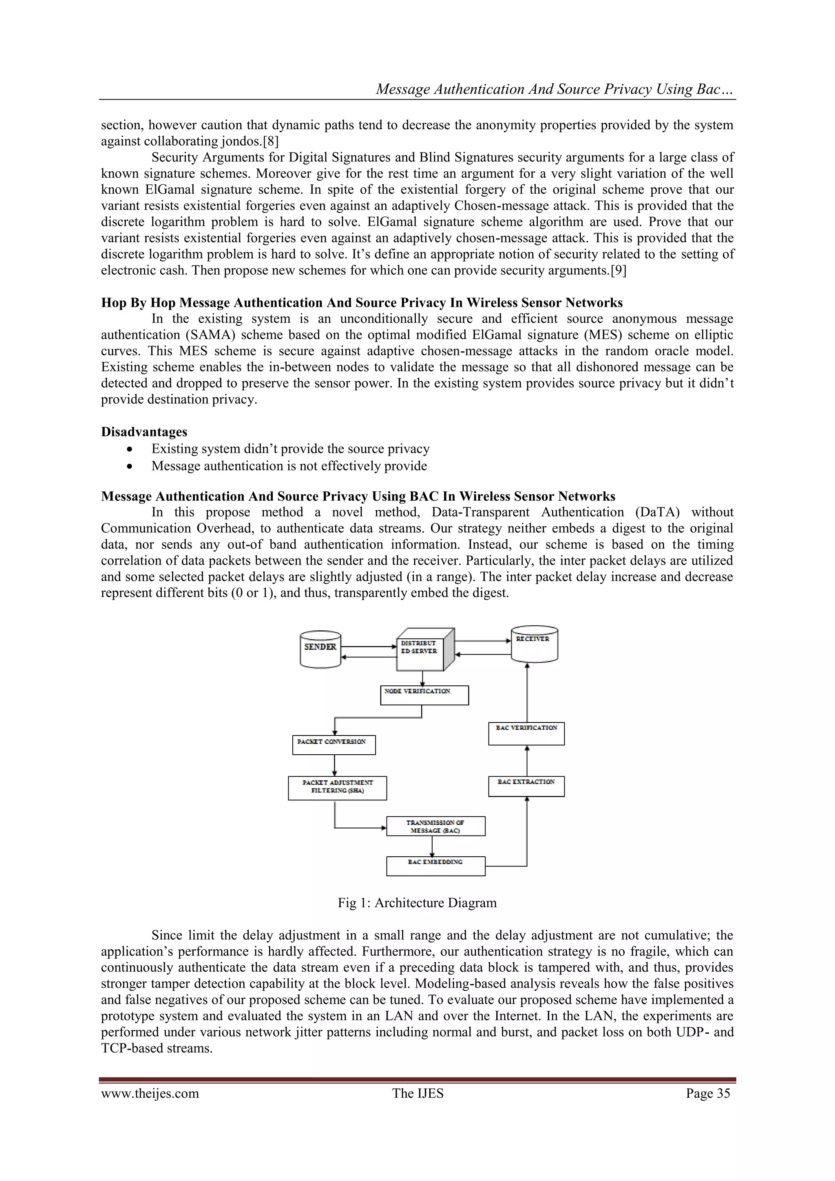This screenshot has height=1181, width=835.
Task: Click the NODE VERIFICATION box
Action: coord(424,695)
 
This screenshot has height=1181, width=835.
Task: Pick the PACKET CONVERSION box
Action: coord(334,745)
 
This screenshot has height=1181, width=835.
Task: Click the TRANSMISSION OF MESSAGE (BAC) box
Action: coord(435,826)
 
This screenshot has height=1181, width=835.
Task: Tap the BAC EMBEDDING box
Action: coord(435,866)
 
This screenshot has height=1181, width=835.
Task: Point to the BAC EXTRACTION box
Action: coord(526,787)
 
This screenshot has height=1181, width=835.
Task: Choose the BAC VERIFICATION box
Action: coord(526,733)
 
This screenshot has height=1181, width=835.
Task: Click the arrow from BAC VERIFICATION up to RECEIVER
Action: coord(527,692)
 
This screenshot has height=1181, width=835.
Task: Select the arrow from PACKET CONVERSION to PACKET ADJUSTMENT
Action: coord(334,765)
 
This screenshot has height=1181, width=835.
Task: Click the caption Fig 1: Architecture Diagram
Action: coord(417,903)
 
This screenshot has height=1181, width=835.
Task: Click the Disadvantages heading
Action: coord(144,432)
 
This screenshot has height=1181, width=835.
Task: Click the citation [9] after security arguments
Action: coord(618,270)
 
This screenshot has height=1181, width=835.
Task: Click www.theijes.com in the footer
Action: coord(150,1093)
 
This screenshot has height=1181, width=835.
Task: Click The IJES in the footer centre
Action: coord(417,1093)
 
